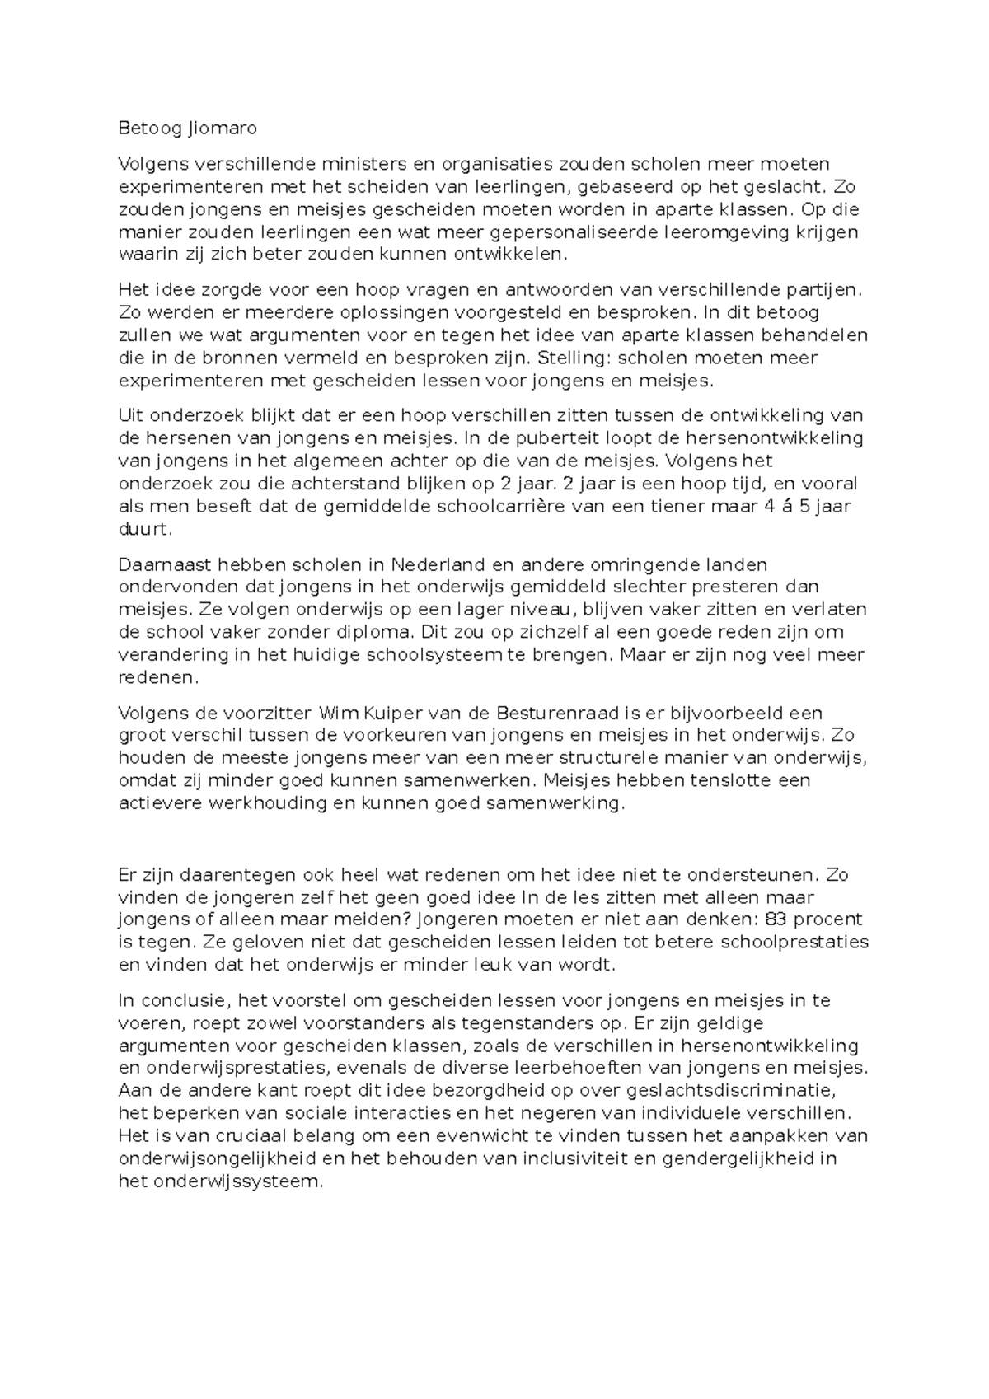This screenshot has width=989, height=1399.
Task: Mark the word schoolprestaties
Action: [x=793, y=942]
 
